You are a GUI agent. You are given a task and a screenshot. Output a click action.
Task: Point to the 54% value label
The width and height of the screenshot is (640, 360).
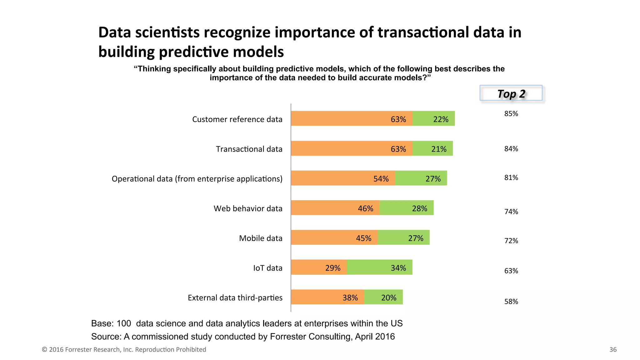[381, 179]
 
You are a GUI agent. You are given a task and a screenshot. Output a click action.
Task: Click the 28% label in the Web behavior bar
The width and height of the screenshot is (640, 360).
[419, 208]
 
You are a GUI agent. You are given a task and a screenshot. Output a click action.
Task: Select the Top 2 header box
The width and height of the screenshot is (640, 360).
[511, 93]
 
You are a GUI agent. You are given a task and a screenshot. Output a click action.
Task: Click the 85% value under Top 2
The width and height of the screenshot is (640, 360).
[511, 114]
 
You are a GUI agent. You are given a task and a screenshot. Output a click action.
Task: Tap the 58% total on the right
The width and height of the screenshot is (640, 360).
[511, 302]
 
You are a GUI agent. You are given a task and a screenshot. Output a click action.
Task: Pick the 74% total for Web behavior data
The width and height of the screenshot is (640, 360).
[511, 212]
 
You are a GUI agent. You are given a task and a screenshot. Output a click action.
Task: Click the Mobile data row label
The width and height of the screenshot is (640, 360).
[261, 238]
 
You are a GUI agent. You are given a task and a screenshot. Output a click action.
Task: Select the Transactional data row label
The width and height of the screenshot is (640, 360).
[249, 149]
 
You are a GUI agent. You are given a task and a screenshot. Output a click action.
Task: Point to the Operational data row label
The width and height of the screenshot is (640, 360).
[197, 179]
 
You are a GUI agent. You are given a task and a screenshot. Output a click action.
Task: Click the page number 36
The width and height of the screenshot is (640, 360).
[613, 349]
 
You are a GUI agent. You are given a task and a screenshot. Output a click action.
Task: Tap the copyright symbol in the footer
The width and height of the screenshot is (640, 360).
[44, 350]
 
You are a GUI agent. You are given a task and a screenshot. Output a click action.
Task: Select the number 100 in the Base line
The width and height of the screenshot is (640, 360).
[124, 323]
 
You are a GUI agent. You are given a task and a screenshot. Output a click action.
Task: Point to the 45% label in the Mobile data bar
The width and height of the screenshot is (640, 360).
[363, 238]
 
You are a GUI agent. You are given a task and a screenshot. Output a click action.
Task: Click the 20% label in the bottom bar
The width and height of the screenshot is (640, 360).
[388, 297]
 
